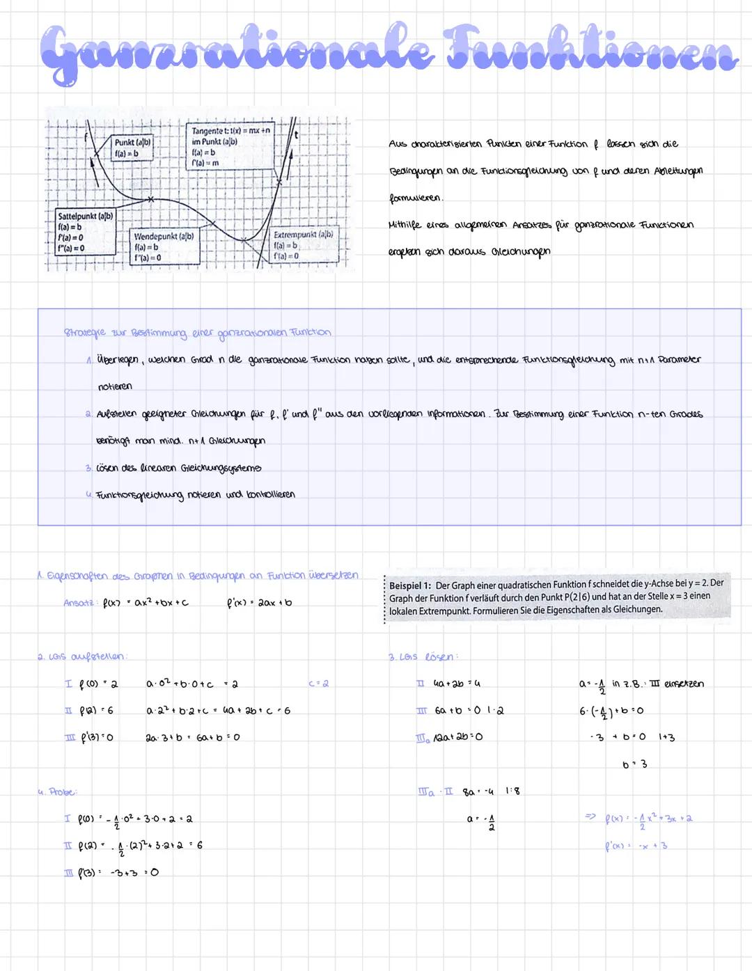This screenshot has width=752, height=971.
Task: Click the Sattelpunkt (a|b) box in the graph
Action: click(85, 232)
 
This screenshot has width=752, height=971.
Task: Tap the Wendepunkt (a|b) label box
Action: click(164, 246)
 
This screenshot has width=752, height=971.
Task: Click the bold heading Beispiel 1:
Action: click(410, 585)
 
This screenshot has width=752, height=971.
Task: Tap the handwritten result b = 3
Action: click(634, 764)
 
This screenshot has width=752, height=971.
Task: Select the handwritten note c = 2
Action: click(318, 684)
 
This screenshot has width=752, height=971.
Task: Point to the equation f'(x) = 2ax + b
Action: click(260, 603)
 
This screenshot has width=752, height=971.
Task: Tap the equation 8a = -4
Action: click(479, 791)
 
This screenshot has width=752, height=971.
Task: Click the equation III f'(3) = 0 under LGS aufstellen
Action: click(90, 737)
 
